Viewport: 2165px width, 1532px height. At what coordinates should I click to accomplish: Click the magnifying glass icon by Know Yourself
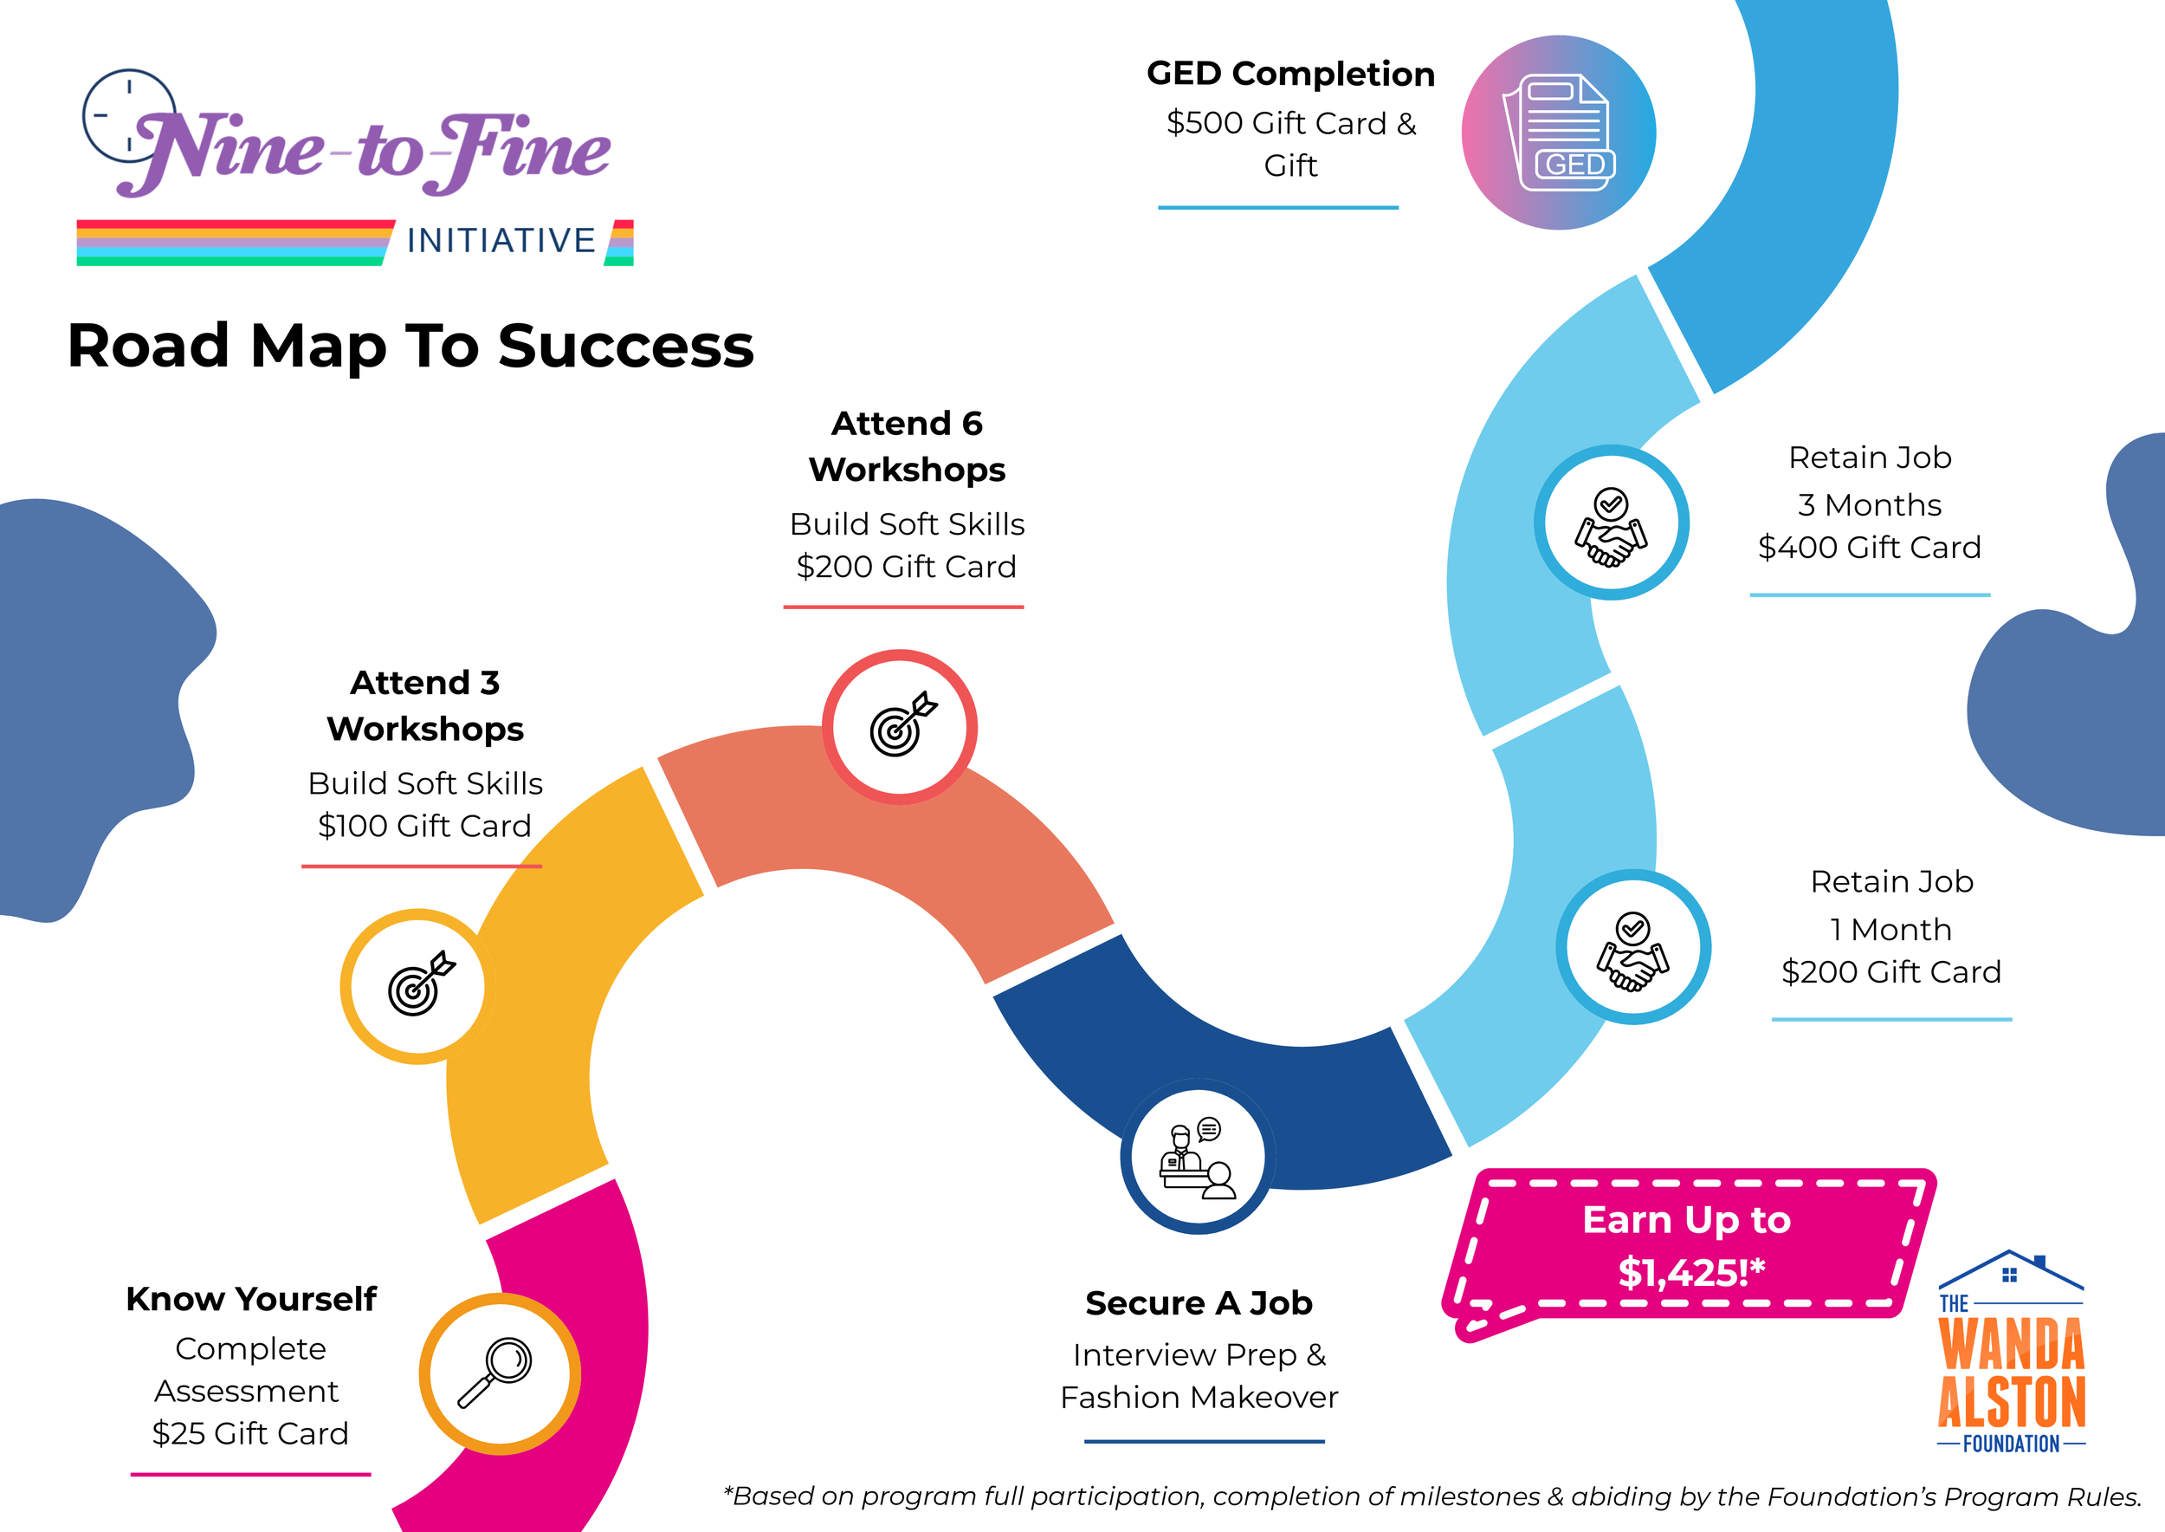pos(497,1373)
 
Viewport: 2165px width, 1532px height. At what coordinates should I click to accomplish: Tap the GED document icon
pos(1560,133)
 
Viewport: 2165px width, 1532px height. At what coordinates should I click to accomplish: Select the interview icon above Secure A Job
pos(1198,1158)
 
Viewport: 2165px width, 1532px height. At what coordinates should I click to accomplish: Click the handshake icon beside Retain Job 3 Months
pos(1611,523)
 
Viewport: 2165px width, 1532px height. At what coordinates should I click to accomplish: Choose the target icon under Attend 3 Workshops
pos(418,987)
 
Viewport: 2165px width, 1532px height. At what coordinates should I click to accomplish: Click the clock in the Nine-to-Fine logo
pos(128,116)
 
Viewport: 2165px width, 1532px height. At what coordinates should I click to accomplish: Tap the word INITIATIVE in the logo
pos(501,241)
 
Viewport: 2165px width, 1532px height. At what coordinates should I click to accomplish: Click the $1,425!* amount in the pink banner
pos(1690,1273)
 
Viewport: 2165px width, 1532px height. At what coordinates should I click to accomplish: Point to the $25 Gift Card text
pos(250,1433)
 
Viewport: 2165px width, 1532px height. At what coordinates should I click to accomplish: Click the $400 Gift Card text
pos(1869,547)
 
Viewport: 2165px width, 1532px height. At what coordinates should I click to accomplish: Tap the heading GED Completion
pos(1290,74)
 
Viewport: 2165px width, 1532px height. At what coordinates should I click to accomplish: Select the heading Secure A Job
pos(1199,1302)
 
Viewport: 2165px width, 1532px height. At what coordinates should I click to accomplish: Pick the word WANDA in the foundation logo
pos(2012,1344)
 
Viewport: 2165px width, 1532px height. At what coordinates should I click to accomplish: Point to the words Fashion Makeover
pos(1199,1397)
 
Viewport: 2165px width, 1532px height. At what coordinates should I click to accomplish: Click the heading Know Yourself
pos(251,1299)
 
